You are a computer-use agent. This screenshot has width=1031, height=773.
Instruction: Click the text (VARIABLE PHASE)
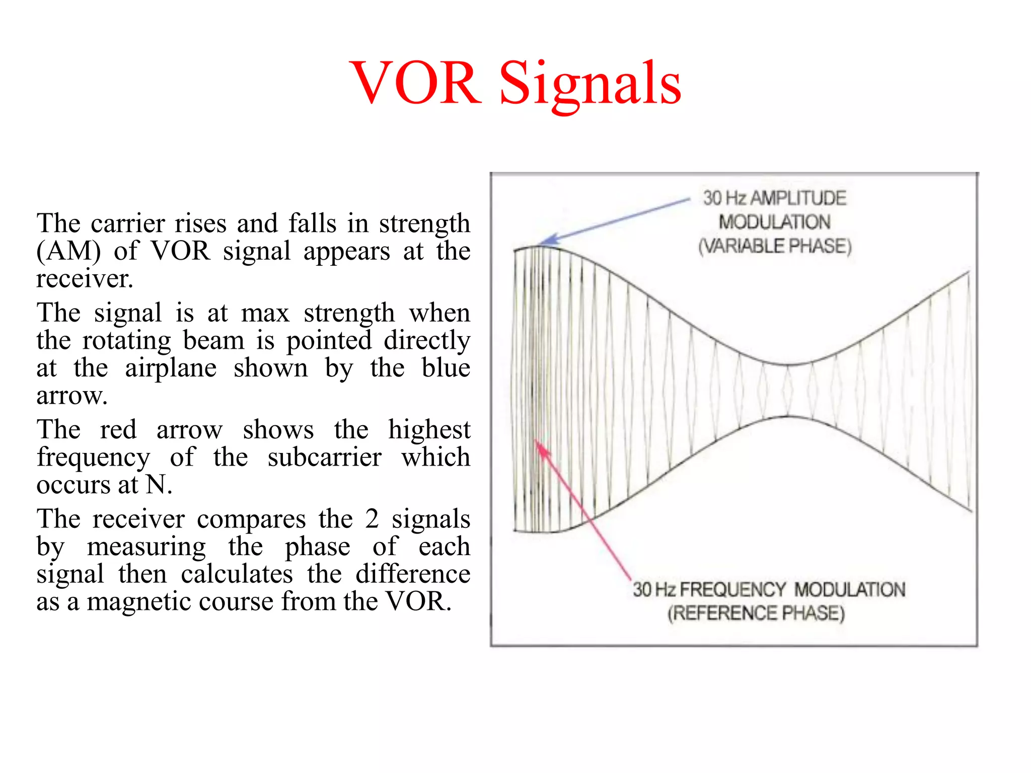tap(775, 246)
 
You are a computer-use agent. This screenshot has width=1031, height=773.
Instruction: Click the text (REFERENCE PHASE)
tap(756, 613)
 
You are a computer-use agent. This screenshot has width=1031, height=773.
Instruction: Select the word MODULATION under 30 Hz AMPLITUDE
tap(774, 222)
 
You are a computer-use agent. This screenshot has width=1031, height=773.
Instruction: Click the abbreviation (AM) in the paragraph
tap(68, 251)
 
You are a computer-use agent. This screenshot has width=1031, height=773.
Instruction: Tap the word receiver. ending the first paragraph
tap(85, 279)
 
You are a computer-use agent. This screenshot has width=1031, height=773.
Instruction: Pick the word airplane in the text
tap(171, 368)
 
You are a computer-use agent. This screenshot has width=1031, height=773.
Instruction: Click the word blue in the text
tap(446, 368)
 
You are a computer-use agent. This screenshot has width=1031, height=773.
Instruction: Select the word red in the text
tap(118, 430)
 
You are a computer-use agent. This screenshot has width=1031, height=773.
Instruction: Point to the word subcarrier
tap(324, 457)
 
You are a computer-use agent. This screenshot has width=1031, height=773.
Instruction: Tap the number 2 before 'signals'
tap(372, 519)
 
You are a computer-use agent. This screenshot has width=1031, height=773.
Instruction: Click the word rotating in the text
tap(127, 341)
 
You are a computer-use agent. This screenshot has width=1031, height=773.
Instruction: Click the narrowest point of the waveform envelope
tap(788, 391)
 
